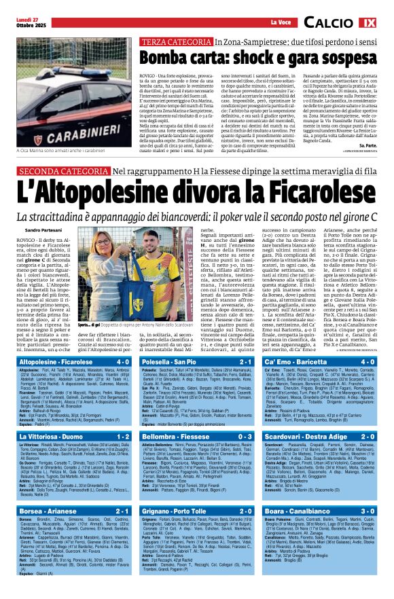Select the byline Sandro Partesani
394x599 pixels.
click(42, 231)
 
